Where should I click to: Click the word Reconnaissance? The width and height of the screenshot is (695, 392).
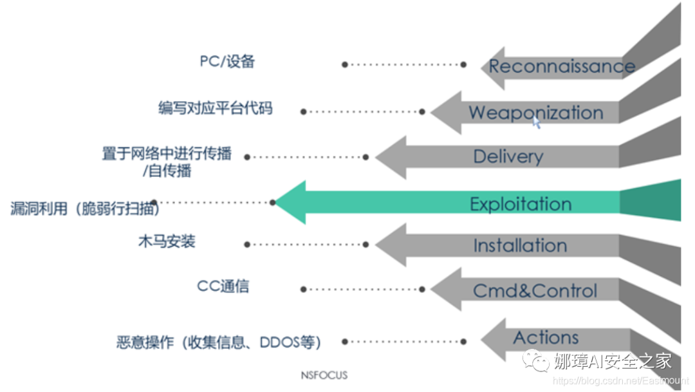562,66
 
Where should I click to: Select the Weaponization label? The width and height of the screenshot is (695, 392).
535,113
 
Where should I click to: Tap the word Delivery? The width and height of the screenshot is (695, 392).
508,156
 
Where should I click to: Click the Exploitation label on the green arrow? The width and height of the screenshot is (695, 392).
520,204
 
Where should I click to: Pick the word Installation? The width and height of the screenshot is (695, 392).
520,245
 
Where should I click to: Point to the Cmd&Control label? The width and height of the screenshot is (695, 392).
535,290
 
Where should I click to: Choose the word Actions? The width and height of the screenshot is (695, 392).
546,337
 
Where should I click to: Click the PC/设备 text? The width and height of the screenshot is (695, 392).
227,62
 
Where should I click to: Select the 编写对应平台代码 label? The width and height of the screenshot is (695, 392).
215,107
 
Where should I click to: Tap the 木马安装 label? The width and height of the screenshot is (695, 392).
166,242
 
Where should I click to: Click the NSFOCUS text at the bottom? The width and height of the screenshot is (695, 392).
324,375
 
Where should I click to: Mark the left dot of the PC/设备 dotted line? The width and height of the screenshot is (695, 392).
345,64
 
